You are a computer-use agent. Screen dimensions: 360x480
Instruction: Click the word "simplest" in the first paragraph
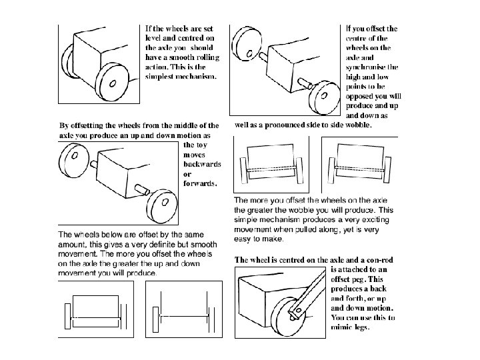[x=162, y=77]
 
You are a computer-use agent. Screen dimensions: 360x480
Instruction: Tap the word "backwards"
[x=201, y=164]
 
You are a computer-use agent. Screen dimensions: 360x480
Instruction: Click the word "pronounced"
[x=283, y=125]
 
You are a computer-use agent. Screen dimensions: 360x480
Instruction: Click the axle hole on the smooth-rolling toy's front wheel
[x=112, y=84]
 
